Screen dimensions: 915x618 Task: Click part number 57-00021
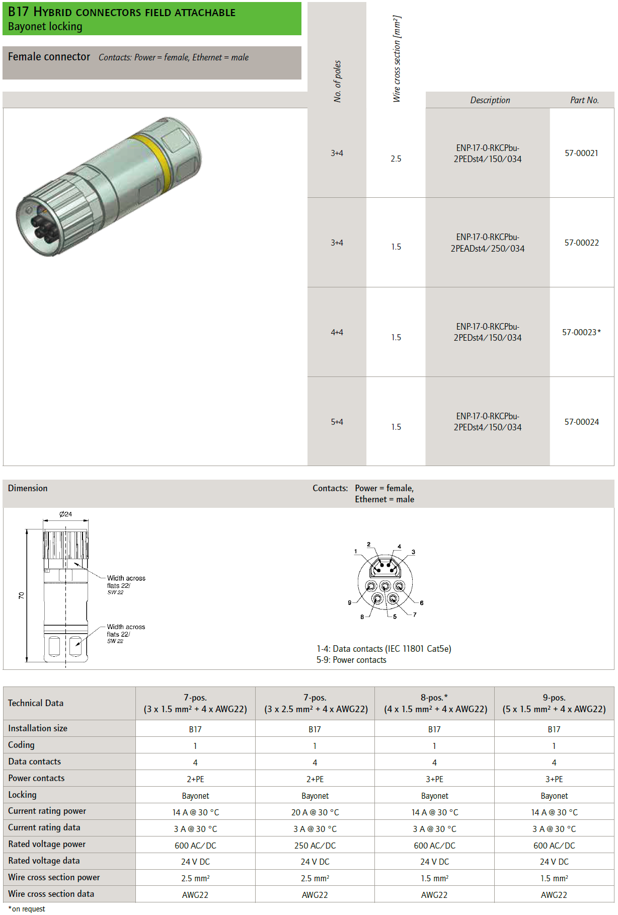click(x=581, y=153)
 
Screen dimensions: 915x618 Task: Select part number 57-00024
click(x=581, y=422)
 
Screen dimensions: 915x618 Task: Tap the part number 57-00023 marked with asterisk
click(x=581, y=332)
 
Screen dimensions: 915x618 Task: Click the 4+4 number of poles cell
click(x=337, y=332)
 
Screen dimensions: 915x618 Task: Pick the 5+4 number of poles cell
click(x=337, y=422)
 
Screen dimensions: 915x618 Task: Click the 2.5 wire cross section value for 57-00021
click(x=396, y=159)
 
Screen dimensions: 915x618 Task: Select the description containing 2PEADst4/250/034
click(x=487, y=243)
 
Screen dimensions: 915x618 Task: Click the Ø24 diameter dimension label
click(x=65, y=514)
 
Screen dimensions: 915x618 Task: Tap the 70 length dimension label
click(x=21, y=595)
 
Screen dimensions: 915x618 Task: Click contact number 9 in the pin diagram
click(x=350, y=602)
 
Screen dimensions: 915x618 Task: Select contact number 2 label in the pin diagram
click(x=368, y=545)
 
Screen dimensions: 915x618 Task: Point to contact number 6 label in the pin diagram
click(x=422, y=602)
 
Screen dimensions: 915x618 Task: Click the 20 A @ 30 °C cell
click(x=315, y=812)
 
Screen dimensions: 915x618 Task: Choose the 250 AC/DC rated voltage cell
click(x=315, y=846)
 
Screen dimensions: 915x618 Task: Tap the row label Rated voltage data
click(x=44, y=861)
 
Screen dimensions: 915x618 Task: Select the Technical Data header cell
click(x=36, y=703)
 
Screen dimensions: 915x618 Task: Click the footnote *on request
click(x=27, y=908)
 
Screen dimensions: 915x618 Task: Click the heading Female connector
click(x=49, y=57)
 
